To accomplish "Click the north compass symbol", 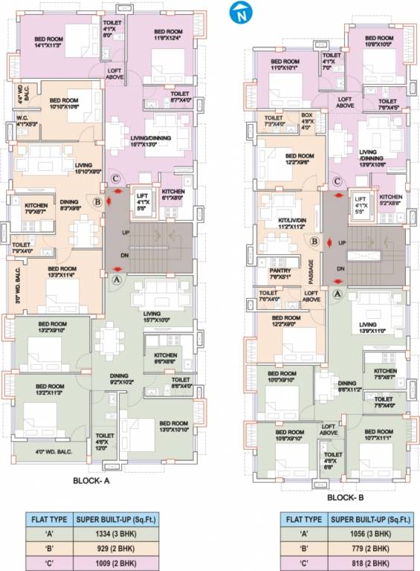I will coord(239,13).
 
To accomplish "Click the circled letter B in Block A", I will coord(97,200).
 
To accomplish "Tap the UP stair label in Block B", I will coord(341,243).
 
